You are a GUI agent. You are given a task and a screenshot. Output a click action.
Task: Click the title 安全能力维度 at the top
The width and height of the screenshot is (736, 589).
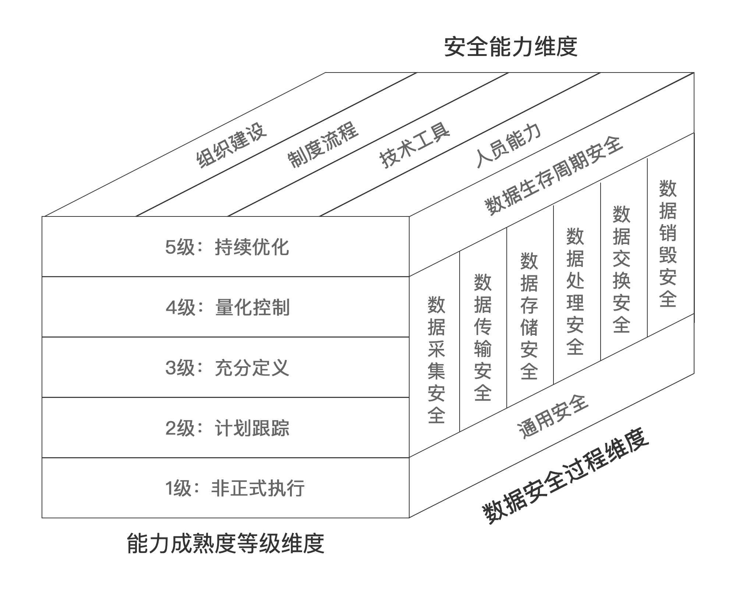pos(510,47)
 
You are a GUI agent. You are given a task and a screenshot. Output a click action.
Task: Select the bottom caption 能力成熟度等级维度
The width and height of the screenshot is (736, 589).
pos(225,543)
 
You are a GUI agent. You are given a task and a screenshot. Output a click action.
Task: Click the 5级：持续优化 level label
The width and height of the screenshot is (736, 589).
pos(227,247)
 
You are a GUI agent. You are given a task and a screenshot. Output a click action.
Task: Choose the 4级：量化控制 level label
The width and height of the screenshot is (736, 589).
pos(227,307)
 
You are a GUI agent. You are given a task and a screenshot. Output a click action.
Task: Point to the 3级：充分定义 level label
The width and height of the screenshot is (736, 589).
pos(227,368)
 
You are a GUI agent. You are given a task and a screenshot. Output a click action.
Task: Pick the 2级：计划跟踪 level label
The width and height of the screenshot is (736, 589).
pos(227,428)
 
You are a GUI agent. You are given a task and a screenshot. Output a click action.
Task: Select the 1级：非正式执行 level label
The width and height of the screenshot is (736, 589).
pos(234,489)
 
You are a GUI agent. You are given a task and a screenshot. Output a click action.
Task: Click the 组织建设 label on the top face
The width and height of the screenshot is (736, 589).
pos(231,145)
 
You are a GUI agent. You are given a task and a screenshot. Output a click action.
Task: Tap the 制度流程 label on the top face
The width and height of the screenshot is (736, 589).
pos(323,145)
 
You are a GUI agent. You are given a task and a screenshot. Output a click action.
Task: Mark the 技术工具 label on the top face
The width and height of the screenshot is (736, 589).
pos(415,145)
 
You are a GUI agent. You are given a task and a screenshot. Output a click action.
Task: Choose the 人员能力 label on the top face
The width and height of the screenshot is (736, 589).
pos(509,145)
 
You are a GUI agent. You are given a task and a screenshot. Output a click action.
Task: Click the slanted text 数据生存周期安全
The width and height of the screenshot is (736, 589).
pos(553,176)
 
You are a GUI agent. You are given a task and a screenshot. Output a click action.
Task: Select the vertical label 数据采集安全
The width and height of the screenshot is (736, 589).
pos(436,360)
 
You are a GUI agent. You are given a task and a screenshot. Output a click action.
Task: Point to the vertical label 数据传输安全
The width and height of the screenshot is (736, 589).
pos(482,337)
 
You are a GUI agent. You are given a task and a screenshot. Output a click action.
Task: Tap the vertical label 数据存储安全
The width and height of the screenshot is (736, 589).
pos(529,316)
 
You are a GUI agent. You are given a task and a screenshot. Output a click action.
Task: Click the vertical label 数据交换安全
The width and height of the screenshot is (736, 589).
pos(622,269)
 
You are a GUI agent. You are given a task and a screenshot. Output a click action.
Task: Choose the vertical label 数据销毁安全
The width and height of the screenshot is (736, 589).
pos(668,244)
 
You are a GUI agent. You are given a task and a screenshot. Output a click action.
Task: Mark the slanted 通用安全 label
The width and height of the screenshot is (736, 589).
pos(553,417)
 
